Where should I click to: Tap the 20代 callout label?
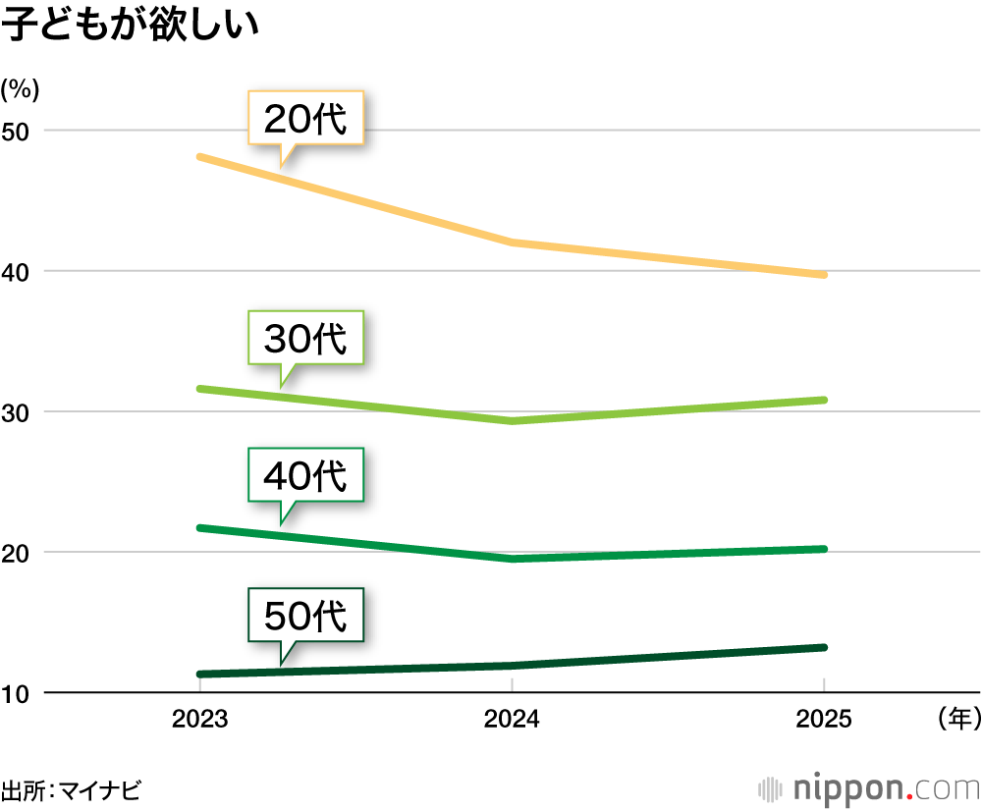pos(305,119)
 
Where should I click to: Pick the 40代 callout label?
pos(305,476)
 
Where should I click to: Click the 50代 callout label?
pos(305,616)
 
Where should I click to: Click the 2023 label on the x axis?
pos(199,720)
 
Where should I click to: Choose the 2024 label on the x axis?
pos(512,720)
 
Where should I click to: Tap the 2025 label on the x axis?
pos(823,720)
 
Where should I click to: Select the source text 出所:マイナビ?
pos(71,789)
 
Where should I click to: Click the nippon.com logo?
pos(868,788)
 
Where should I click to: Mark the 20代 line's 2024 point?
pos(512,243)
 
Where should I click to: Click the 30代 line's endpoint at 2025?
pos(823,400)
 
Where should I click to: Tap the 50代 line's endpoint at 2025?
pos(823,647)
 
